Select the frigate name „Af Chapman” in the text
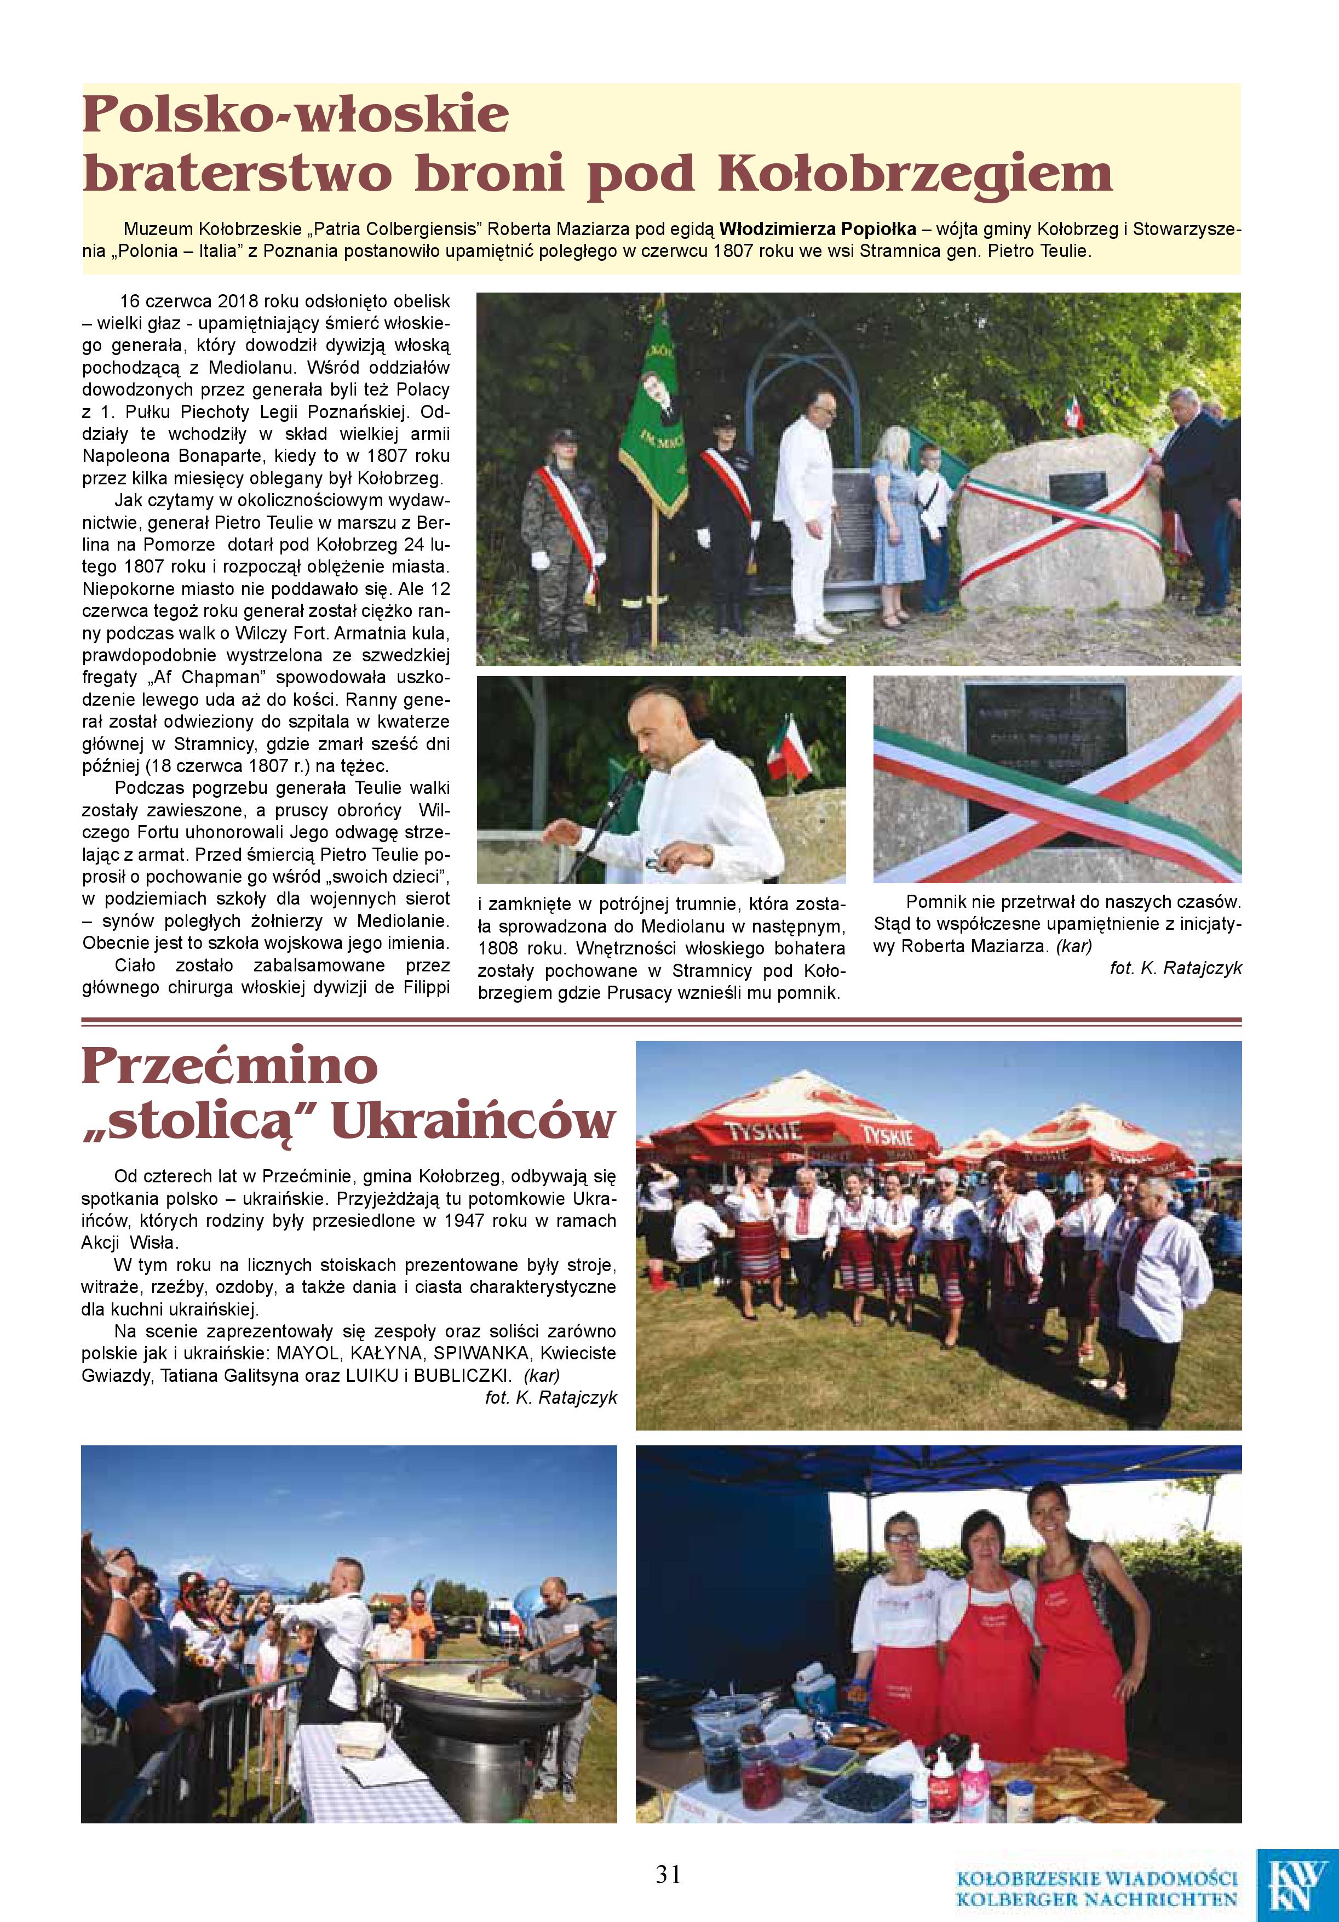click(198, 677)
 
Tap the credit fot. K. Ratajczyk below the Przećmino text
click(551, 1398)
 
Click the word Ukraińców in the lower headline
click(474, 1121)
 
